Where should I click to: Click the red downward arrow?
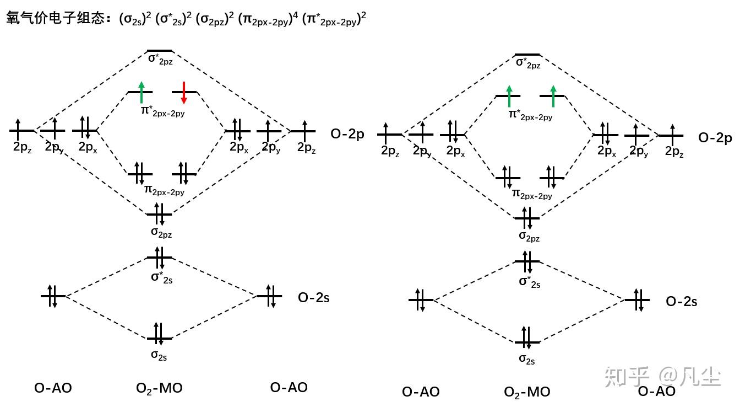click(184, 92)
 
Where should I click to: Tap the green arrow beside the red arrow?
click(142, 92)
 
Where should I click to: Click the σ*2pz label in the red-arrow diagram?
click(160, 59)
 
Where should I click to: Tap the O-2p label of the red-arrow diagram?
click(347, 133)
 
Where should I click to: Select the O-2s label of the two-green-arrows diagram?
click(682, 302)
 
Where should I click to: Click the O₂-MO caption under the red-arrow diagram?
click(159, 388)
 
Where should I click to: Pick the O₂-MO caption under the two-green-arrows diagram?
click(527, 392)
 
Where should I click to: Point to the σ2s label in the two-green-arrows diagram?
click(527, 360)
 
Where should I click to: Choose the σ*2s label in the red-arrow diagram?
click(162, 277)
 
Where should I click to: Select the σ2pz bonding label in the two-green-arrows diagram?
click(529, 237)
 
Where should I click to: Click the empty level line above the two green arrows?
click(527, 55)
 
